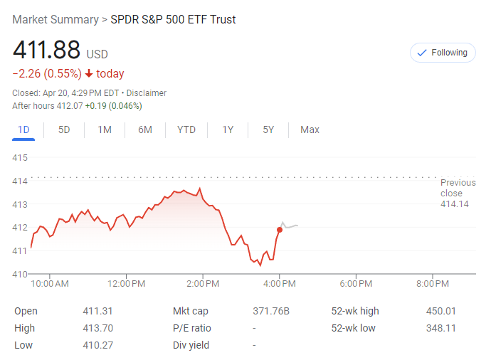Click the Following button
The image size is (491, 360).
pos(443,53)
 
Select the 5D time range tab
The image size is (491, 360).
pos(64,129)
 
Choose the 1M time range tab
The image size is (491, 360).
pos(105,129)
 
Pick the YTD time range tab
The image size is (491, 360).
pos(186,129)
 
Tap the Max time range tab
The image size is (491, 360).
pos(310,129)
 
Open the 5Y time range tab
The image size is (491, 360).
pos(268,129)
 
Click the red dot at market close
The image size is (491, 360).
pos(279,229)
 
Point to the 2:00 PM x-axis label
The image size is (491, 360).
pos(203,284)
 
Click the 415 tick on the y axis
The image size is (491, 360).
pos(20,157)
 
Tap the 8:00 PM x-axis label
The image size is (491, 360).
pos(432,284)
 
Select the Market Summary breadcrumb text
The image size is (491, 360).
pos(56,19)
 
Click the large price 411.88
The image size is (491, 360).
pos(46,51)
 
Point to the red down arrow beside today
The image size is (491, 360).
pos(88,74)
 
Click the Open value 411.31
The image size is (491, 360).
pos(98,311)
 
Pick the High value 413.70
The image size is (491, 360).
pos(98,328)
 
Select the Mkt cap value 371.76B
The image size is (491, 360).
pos(271,311)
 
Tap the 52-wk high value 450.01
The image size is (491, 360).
pos(441,311)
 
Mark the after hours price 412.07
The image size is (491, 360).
pos(70,106)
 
